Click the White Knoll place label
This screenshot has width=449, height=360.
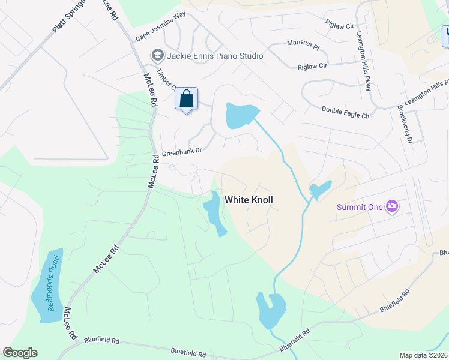tap(249, 199)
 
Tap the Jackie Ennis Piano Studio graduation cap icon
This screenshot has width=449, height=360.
tap(158, 56)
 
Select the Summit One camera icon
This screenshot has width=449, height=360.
tap(392, 207)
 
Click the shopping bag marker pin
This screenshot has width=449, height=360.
tap(186, 98)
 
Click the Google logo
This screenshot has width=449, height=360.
tap(20, 353)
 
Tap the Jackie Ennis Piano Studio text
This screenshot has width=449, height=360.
tap(215, 56)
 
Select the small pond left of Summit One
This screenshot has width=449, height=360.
tap(319, 190)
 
